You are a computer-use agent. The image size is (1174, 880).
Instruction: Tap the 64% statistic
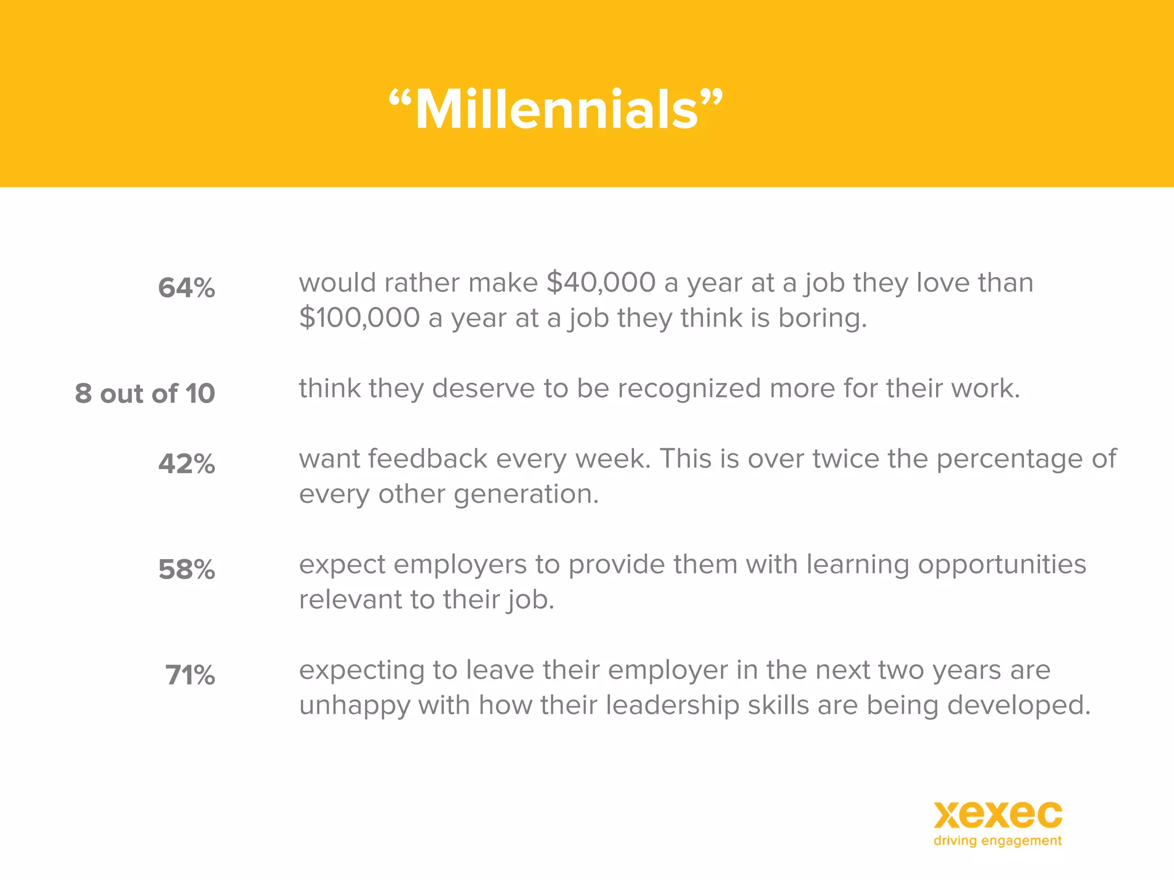point(186,288)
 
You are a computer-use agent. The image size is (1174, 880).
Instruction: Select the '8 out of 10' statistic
point(145,394)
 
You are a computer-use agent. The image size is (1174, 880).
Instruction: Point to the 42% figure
point(186,463)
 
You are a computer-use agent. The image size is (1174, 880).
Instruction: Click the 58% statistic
point(186,569)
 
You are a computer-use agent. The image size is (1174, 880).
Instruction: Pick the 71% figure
point(190,675)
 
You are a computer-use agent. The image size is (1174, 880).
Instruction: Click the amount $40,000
point(601,282)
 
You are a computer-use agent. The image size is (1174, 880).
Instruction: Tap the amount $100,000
point(359,318)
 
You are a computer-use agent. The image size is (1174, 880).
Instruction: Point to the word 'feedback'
point(428,459)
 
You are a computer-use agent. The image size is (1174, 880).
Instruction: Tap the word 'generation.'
point(526,494)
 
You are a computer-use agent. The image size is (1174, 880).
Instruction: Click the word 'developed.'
point(1019,705)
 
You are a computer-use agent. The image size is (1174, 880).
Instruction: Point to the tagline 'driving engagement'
point(997,841)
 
